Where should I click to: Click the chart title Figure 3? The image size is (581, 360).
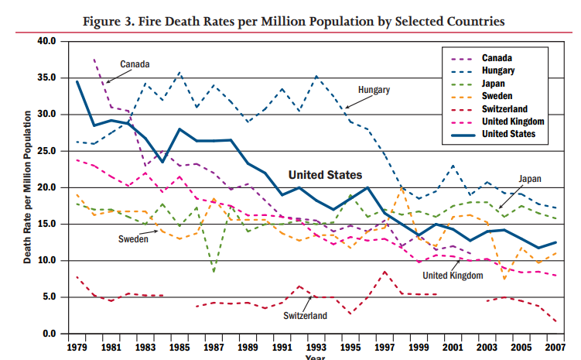(293, 21)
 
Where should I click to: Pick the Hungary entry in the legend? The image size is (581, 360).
(499, 70)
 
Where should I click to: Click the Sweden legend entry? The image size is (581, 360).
(498, 96)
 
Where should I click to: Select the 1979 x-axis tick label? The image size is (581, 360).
(77, 348)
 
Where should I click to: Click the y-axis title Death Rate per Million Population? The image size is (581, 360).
(27, 187)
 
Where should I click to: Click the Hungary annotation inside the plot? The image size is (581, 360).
(374, 91)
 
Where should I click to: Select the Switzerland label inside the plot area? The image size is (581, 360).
(306, 315)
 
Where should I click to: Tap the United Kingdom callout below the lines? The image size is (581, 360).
(453, 275)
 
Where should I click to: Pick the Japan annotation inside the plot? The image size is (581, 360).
(529, 179)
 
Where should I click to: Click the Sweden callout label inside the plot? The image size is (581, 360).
(133, 239)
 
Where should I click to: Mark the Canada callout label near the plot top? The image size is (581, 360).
(135, 63)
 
